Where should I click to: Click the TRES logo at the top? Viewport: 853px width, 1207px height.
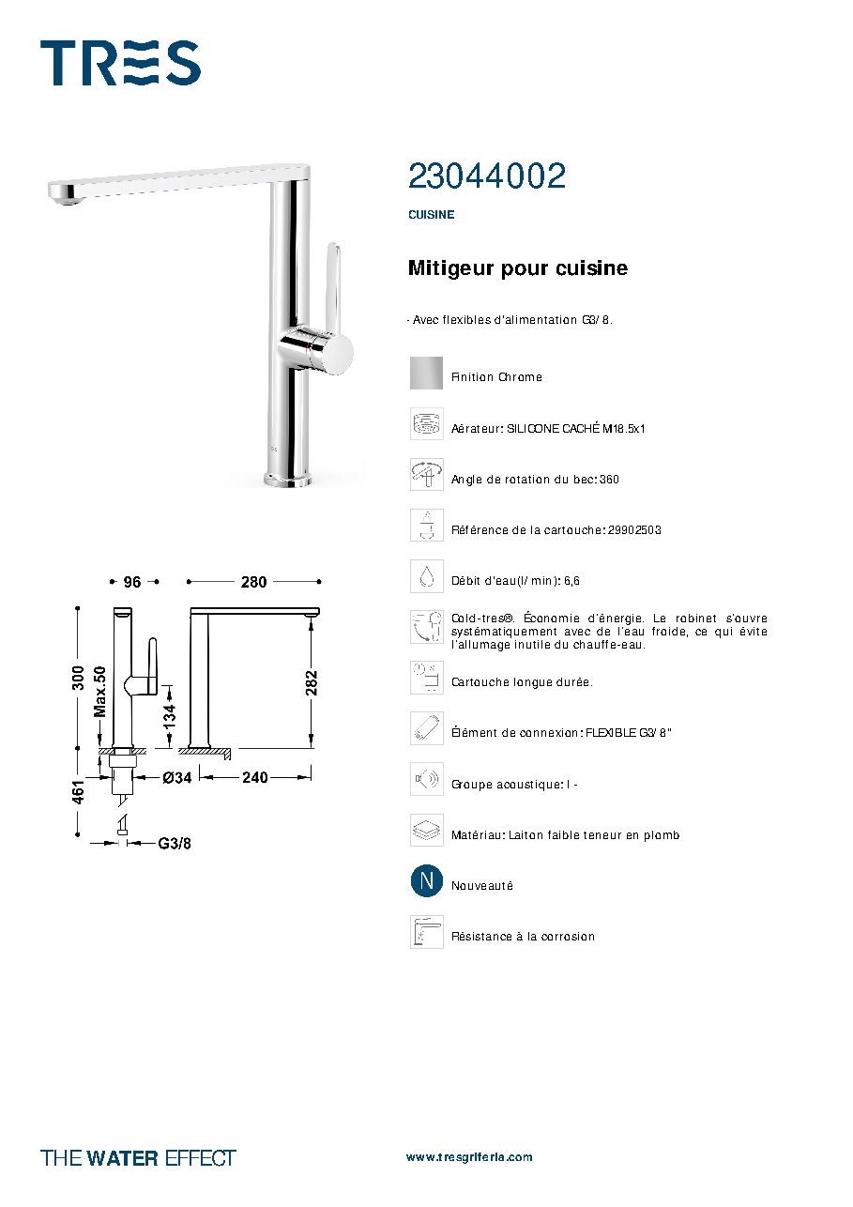click(x=120, y=63)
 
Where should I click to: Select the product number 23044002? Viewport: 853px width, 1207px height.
click(x=487, y=176)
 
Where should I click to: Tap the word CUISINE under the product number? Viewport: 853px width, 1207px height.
click(x=431, y=214)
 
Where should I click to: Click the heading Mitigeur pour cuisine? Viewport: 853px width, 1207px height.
click(x=518, y=267)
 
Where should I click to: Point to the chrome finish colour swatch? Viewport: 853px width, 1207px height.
click(x=426, y=373)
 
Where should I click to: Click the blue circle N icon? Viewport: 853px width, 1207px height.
click(x=427, y=881)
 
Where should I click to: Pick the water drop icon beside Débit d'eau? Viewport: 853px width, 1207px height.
click(x=427, y=576)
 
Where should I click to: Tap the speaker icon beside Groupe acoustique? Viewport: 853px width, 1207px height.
click(x=427, y=779)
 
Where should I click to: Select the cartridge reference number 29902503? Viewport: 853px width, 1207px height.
click(x=634, y=530)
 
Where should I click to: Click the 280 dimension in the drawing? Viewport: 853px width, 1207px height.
click(x=253, y=582)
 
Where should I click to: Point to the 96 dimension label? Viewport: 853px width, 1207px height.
click(x=132, y=582)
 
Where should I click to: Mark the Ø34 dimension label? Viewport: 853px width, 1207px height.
click(x=177, y=777)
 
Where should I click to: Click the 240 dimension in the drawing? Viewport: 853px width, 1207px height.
click(x=255, y=777)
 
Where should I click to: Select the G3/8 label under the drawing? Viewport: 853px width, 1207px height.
click(x=175, y=843)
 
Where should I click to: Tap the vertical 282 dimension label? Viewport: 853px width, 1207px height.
click(x=312, y=683)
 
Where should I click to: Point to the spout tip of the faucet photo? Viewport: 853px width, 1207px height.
click(x=67, y=194)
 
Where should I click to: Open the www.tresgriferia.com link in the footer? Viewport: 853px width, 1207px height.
click(x=469, y=1157)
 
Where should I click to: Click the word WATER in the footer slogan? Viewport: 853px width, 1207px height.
click(x=122, y=1158)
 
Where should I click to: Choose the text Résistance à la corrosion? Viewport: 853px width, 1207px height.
click(x=524, y=937)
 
